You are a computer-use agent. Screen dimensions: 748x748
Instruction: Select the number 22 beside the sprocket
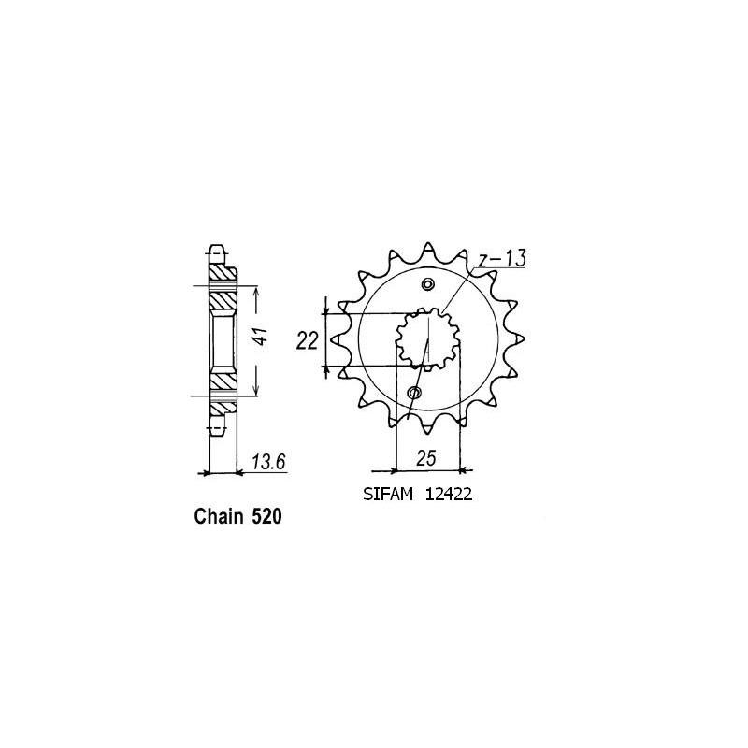(x=308, y=341)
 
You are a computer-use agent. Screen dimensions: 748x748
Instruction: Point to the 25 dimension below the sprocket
(x=426, y=458)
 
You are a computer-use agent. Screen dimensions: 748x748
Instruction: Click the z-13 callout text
(x=503, y=259)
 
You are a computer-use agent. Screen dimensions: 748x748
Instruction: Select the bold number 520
(x=266, y=517)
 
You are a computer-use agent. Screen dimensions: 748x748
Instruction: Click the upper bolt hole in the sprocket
(x=428, y=285)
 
